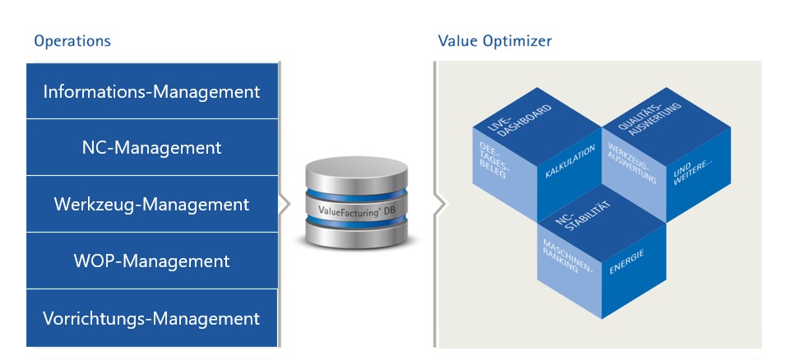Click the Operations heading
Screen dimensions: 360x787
(x=72, y=40)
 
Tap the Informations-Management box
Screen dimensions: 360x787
(x=152, y=91)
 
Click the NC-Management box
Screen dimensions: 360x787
(x=152, y=148)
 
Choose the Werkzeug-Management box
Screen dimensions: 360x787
(x=152, y=204)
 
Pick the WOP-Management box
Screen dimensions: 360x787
(x=152, y=261)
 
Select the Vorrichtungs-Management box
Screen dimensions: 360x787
(x=152, y=318)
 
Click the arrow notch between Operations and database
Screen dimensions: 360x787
(x=285, y=205)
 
